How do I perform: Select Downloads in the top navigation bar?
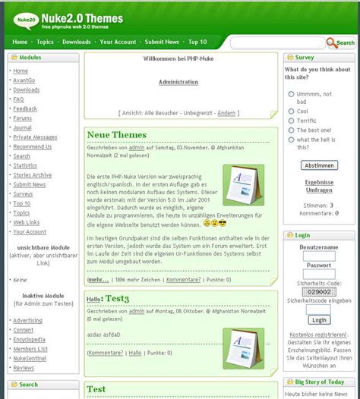(x=77, y=42)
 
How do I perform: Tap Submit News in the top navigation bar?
(x=162, y=42)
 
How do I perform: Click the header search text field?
(x=277, y=43)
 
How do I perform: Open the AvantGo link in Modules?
(x=24, y=80)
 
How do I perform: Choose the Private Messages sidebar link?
(x=35, y=137)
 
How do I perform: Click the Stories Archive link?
(x=32, y=174)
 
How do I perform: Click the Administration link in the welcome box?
(x=178, y=82)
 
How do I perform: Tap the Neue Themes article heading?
(x=116, y=135)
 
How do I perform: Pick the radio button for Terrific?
(x=292, y=121)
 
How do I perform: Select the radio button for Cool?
(x=292, y=111)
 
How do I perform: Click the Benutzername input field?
(x=318, y=256)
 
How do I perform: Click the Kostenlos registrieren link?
(x=318, y=334)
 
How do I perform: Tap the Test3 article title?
(x=116, y=300)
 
